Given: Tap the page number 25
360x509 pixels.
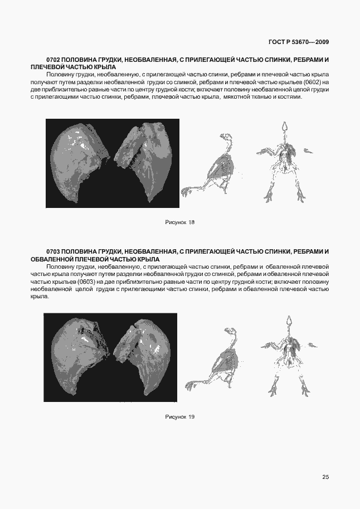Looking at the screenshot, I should coord(325,477).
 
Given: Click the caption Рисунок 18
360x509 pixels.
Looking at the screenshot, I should coord(179,222).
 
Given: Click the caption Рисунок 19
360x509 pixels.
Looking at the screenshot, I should coord(179,416).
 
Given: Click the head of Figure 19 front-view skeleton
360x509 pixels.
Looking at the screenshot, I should coord(289,321).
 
